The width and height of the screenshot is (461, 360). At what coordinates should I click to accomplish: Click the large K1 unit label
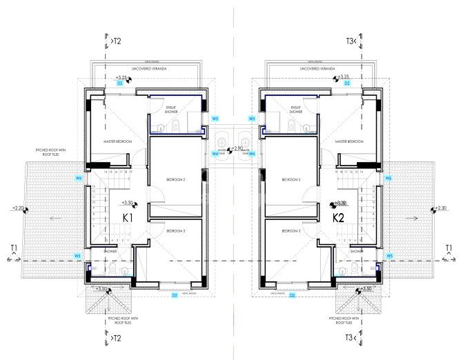[x=128, y=219]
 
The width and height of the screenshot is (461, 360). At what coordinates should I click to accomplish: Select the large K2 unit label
[x=338, y=219]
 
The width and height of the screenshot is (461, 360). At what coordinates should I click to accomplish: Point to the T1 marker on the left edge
[x=14, y=248]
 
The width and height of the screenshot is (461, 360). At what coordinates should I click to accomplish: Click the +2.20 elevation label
[x=19, y=208]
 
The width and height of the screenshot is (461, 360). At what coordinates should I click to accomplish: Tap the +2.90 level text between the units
[x=237, y=148]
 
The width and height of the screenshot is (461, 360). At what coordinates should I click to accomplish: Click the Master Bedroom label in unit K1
[x=117, y=141]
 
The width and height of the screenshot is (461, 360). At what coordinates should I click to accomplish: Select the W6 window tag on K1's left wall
[x=79, y=179]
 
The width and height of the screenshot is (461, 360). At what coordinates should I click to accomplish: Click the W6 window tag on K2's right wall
[x=389, y=179]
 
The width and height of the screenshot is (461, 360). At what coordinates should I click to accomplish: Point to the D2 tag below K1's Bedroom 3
[x=174, y=295]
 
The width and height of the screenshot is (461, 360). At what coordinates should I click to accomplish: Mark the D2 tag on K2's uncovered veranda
[x=347, y=83]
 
